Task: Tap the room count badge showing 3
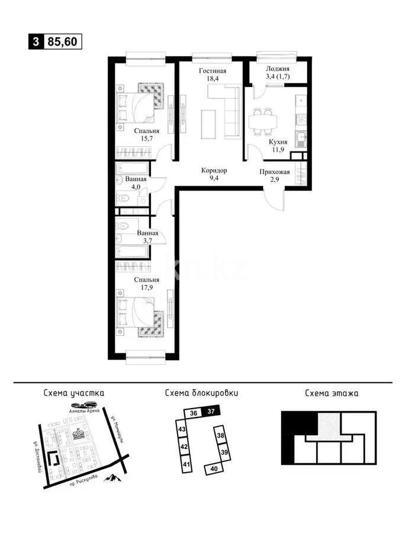[x=37, y=41]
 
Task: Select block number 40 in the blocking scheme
[x=213, y=468]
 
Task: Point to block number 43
[x=183, y=429]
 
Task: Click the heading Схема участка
[x=74, y=392]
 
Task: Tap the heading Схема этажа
[x=331, y=392]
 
